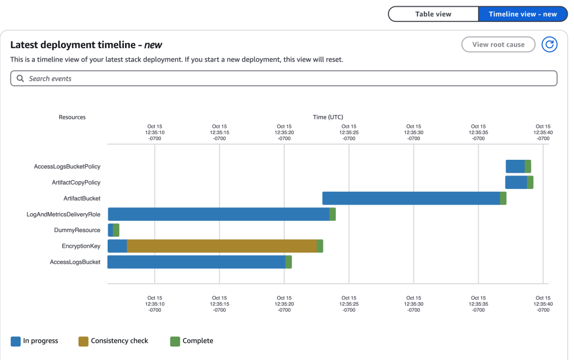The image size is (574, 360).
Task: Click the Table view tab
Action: pos(433,14)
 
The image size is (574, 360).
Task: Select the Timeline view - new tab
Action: pos(522,14)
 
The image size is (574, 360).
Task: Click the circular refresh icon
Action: pos(549,44)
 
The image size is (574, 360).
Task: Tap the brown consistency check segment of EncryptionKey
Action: pos(221,246)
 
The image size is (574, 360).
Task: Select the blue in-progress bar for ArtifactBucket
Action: pos(411,198)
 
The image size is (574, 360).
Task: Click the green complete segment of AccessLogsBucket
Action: pos(289,262)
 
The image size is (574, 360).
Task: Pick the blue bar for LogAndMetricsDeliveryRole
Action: pos(219,214)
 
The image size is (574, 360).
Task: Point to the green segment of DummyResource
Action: pos(117,230)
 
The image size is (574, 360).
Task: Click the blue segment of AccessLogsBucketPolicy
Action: pos(515,167)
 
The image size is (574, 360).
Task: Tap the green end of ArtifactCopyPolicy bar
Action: pos(530,182)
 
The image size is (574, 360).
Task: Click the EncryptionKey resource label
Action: pos(81,246)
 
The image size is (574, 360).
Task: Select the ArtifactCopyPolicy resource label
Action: pos(76,182)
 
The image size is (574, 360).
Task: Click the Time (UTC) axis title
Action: pos(328,117)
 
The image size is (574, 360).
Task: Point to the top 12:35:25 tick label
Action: pos(349,132)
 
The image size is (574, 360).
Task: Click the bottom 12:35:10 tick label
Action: pos(155,304)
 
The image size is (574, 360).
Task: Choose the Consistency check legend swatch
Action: pos(84,341)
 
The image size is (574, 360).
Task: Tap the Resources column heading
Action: pos(72,117)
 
